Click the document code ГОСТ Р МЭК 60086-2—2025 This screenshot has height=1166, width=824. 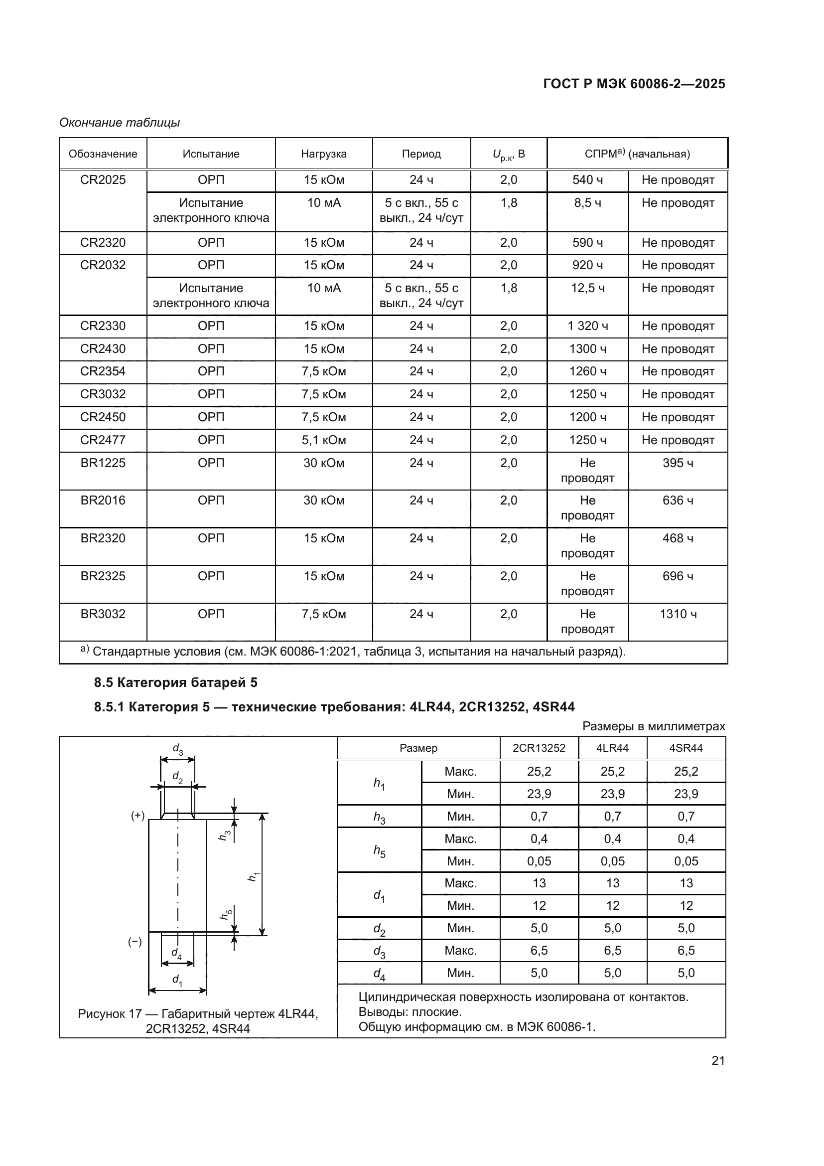click(634, 84)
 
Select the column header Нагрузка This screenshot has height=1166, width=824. click(324, 154)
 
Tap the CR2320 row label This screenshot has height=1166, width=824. click(103, 243)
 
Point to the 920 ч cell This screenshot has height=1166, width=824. click(587, 265)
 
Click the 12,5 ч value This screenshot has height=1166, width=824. click(587, 289)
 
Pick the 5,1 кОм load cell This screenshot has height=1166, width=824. click(324, 440)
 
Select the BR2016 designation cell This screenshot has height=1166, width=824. click(103, 500)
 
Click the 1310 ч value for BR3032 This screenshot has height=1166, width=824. click(678, 615)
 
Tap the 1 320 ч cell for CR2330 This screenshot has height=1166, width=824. click(587, 326)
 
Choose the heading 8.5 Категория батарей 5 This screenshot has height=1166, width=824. click(175, 682)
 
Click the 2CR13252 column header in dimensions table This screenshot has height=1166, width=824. click(539, 748)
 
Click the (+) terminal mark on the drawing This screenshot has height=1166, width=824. click(137, 816)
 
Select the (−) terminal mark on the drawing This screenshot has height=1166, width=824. click(135, 942)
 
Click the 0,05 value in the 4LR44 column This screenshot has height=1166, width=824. click(612, 861)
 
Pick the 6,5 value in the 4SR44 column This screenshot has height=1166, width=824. click(686, 951)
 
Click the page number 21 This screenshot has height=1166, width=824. click(718, 1060)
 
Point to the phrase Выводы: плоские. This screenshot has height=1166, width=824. click(410, 1012)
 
